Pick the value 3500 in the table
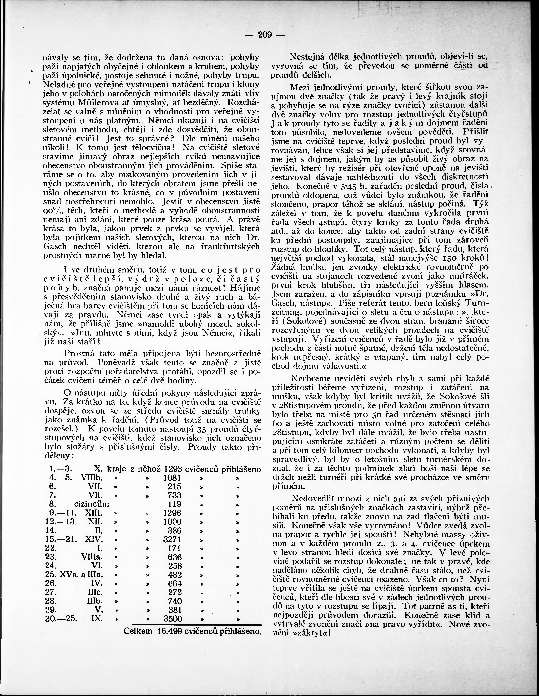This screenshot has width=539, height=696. tap(173, 619)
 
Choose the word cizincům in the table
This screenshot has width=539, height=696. tap(92, 504)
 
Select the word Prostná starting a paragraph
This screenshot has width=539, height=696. tap(78, 353)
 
